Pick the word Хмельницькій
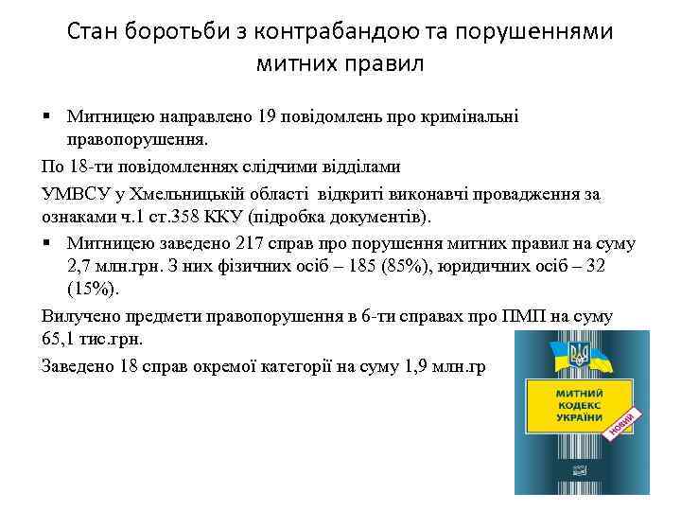click(x=170, y=194)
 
